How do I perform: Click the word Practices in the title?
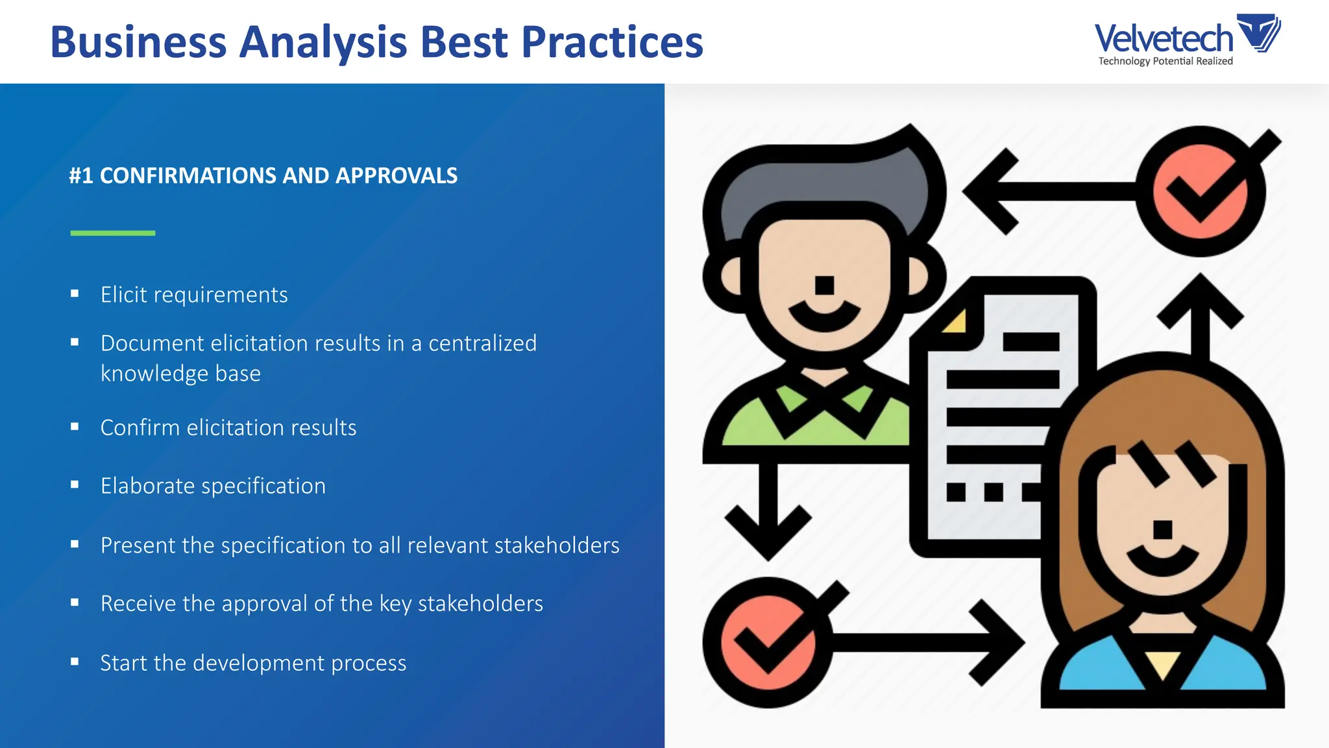coord(612,42)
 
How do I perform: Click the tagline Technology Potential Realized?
coord(1165,61)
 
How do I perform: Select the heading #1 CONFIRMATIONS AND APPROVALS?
coord(263,175)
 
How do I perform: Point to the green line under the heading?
coord(113,232)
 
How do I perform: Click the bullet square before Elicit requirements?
coord(75,293)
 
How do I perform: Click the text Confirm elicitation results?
coord(228,427)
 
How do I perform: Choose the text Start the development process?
coord(253,663)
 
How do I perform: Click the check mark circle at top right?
coord(1200,192)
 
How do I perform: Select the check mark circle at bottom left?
coord(768,643)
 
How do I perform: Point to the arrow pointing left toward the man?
coord(1038,192)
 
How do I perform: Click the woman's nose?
coord(1162,529)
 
